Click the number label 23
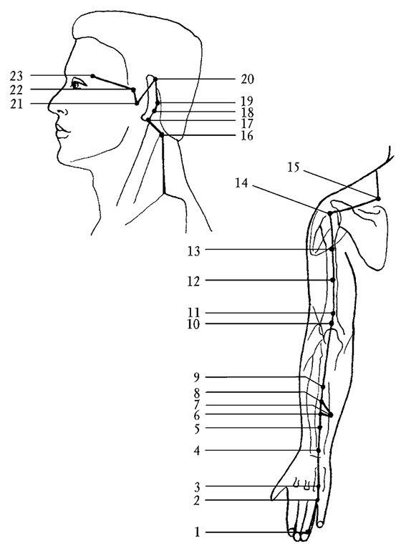pos(16,76)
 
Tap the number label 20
pos(247,79)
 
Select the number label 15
pos(294,167)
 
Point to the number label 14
pos(242,183)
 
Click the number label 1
pos(197,532)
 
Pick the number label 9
pos(196,377)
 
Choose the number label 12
pos(193,281)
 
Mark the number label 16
pos(247,136)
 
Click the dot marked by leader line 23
pos(92,76)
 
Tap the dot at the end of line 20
pos(155,79)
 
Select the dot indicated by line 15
pos(379,199)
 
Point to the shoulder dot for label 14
pos(329,213)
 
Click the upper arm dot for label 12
pos(333,280)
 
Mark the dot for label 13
pos(332,249)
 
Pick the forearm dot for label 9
pos(323,387)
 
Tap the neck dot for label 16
pos(162,135)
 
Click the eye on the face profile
pos(78,84)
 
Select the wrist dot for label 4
pos(319,450)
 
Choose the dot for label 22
pos(133,89)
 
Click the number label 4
pos(196,451)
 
